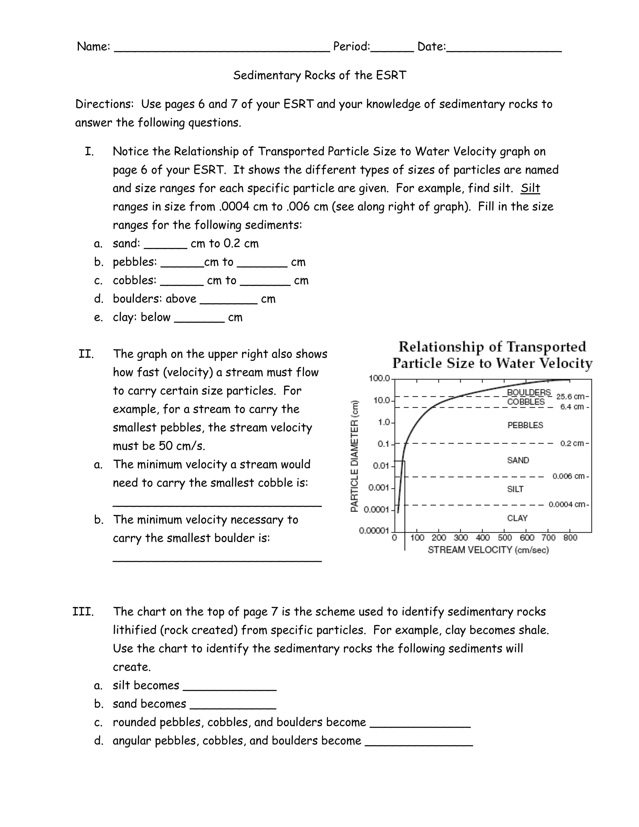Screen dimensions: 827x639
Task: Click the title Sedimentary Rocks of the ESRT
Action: [319, 75]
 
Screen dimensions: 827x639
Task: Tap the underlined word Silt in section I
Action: [530, 188]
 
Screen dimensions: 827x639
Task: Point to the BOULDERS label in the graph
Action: [529, 392]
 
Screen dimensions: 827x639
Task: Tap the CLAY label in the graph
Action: [517, 518]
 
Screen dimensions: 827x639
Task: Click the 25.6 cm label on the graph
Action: [571, 396]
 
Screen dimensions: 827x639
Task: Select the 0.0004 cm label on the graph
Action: [567, 504]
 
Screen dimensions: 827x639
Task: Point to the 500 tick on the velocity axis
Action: [505, 538]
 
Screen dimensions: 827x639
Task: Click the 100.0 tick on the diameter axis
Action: [379, 378]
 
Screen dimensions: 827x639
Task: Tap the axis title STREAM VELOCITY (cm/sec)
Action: [488, 550]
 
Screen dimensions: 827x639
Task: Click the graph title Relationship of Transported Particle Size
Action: [492, 355]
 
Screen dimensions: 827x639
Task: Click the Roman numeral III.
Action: [83, 612]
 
